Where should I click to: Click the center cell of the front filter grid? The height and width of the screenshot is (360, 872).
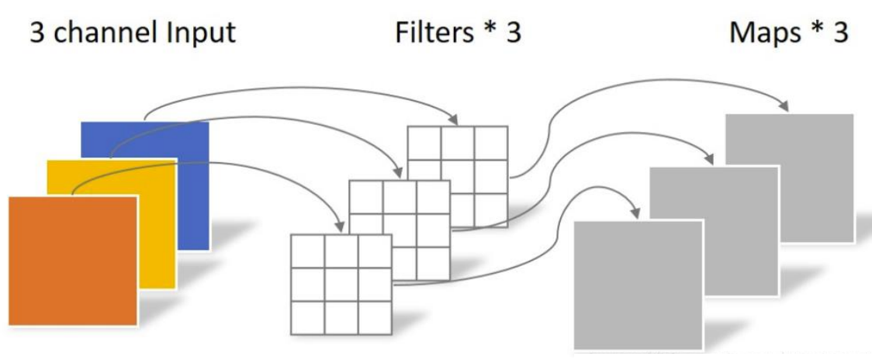pyautogui.click(x=341, y=283)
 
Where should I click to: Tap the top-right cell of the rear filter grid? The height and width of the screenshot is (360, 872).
pyautogui.click(x=491, y=143)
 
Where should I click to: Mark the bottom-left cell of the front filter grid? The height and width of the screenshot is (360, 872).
pyautogui.click(x=307, y=317)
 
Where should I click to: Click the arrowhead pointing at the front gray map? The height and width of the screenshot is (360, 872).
pyautogui.click(x=637, y=211)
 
